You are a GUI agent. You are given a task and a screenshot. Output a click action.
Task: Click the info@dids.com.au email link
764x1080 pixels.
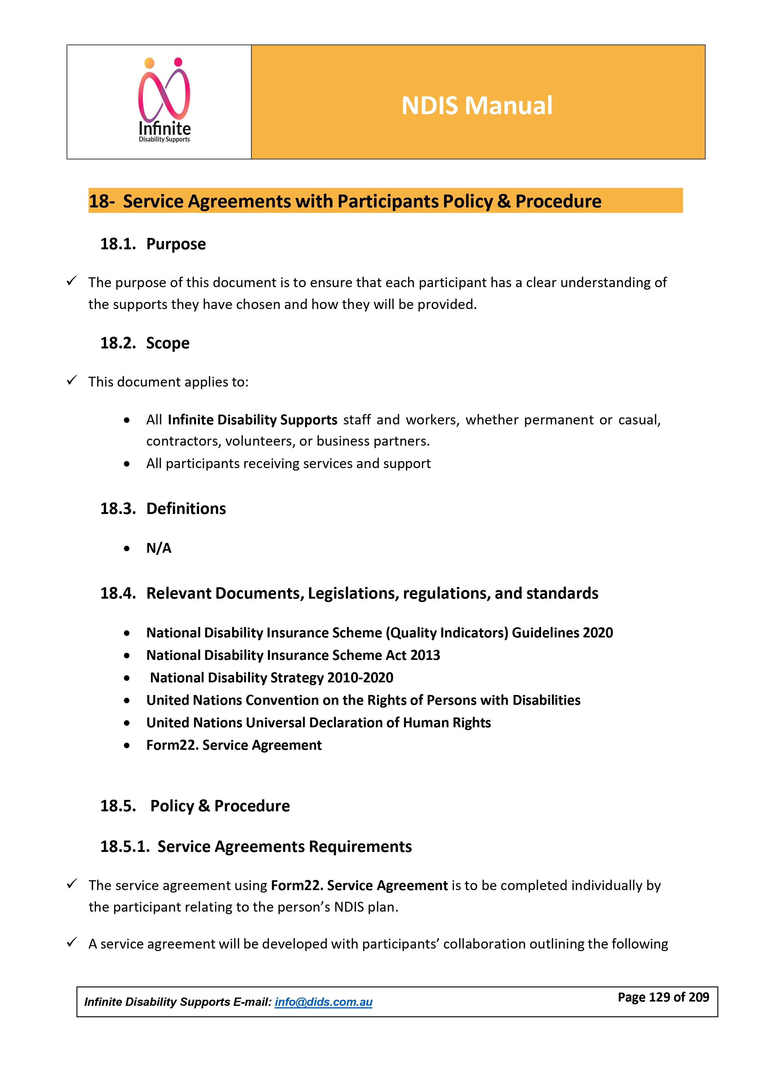pyautogui.click(x=323, y=1002)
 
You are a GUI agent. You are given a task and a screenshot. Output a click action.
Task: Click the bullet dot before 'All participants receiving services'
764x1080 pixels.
pyautogui.click(x=127, y=464)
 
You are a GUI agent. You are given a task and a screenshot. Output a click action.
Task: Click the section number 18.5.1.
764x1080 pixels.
pyautogui.click(x=125, y=847)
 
